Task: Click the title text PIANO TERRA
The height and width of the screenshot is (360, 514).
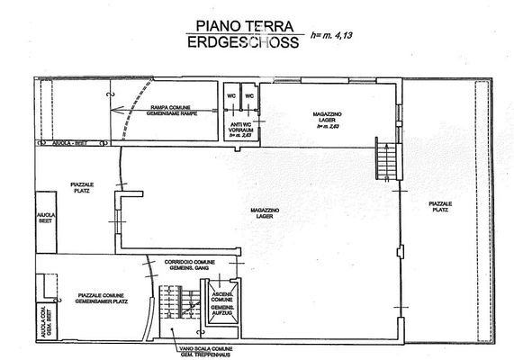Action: [237, 28]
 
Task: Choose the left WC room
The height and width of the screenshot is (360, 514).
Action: [230, 96]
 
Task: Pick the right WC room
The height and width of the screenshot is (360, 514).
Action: [250, 96]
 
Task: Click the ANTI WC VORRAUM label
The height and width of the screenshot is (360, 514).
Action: [240, 128]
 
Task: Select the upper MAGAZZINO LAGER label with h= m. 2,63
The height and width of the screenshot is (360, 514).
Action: [326, 119]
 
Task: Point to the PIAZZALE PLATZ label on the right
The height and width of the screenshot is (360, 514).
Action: [440, 208]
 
